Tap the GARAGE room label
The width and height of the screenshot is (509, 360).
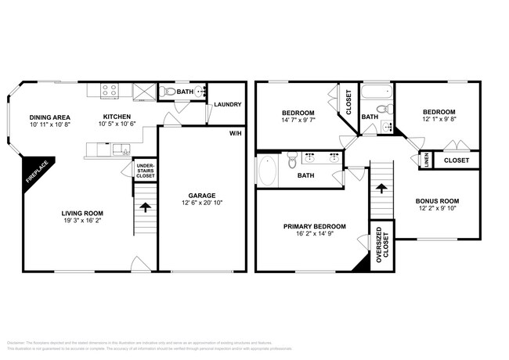pos(201,196)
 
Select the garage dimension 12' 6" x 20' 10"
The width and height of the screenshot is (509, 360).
pos(201,203)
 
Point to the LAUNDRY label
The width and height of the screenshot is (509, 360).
pos(227,105)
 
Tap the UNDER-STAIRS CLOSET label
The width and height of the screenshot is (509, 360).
pos(145,171)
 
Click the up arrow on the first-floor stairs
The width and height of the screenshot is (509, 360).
pos(145,207)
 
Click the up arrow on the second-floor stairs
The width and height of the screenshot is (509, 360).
pos(381,188)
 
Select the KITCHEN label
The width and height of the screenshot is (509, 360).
pos(117,117)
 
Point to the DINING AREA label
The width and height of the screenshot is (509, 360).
pos(49,117)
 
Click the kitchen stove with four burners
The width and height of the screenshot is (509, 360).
pos(106,90)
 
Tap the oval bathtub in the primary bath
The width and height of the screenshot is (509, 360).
pos(268,171)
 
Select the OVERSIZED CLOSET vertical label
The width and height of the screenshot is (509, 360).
pos(380,246)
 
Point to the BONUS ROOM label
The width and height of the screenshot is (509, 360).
pos(437,200)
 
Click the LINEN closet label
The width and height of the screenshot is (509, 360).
pos(425,160)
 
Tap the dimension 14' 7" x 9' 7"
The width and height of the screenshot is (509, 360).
pos(298,121)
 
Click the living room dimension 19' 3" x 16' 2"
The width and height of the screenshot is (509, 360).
pos(83,221)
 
